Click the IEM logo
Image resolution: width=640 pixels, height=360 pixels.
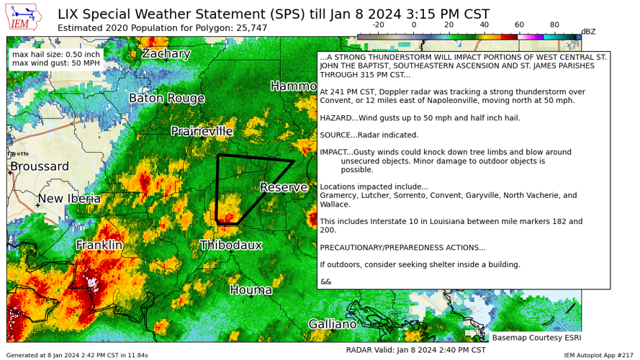[x=24, y=17]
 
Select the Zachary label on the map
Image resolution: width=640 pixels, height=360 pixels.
[x=176, y=54]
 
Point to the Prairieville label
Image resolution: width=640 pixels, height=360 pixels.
[x=212, y=132]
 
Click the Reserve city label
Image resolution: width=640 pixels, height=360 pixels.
[x=284, y=188]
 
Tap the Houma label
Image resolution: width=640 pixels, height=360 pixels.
[x=251, y=290]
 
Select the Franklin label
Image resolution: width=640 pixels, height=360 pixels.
[x=99, y=246]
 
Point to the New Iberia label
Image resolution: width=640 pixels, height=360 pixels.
[x=69, y=199]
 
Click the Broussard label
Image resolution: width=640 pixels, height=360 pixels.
[x=40, y=167]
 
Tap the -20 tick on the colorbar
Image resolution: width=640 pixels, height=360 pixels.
[x=378, y=24]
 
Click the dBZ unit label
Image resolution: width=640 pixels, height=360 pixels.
[x=588, y=32]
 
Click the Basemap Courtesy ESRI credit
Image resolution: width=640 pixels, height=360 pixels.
[x=536, y=337]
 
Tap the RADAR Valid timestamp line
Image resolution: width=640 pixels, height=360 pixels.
[x=415, y=350]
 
